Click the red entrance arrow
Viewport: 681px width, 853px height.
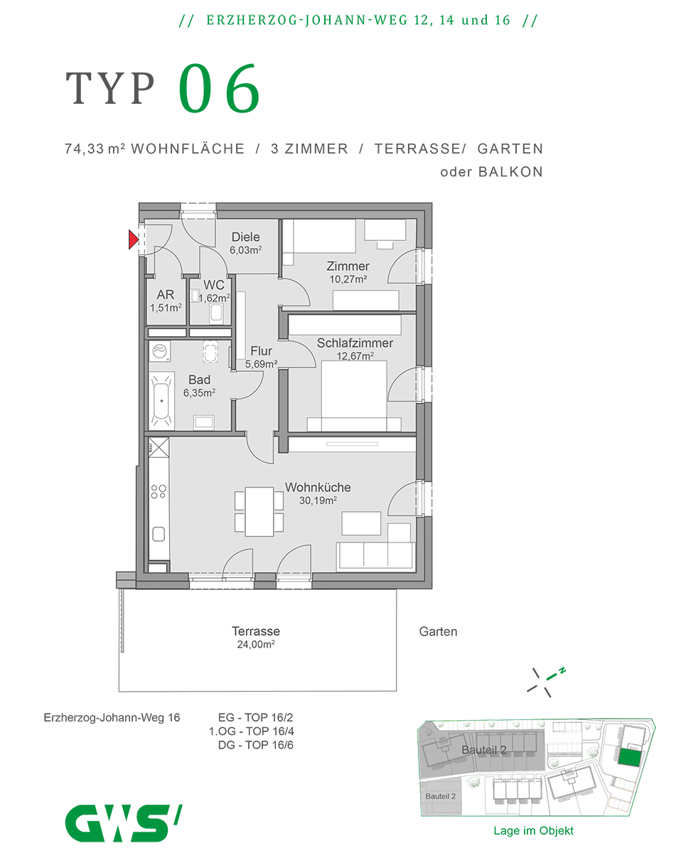point(133,240)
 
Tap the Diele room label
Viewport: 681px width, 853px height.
point(245,237)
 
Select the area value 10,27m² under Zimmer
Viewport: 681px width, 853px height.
point(348,279)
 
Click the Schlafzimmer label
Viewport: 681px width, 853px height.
point(355,343)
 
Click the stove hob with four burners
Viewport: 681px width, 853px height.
point(159,492)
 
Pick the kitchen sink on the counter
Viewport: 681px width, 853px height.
point(159,535)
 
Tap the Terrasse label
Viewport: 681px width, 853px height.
point(256,631)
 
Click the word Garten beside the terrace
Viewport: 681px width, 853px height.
point(438,631)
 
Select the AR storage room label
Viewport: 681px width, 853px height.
point(165,295)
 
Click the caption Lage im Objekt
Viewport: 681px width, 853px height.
point(533,830)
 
